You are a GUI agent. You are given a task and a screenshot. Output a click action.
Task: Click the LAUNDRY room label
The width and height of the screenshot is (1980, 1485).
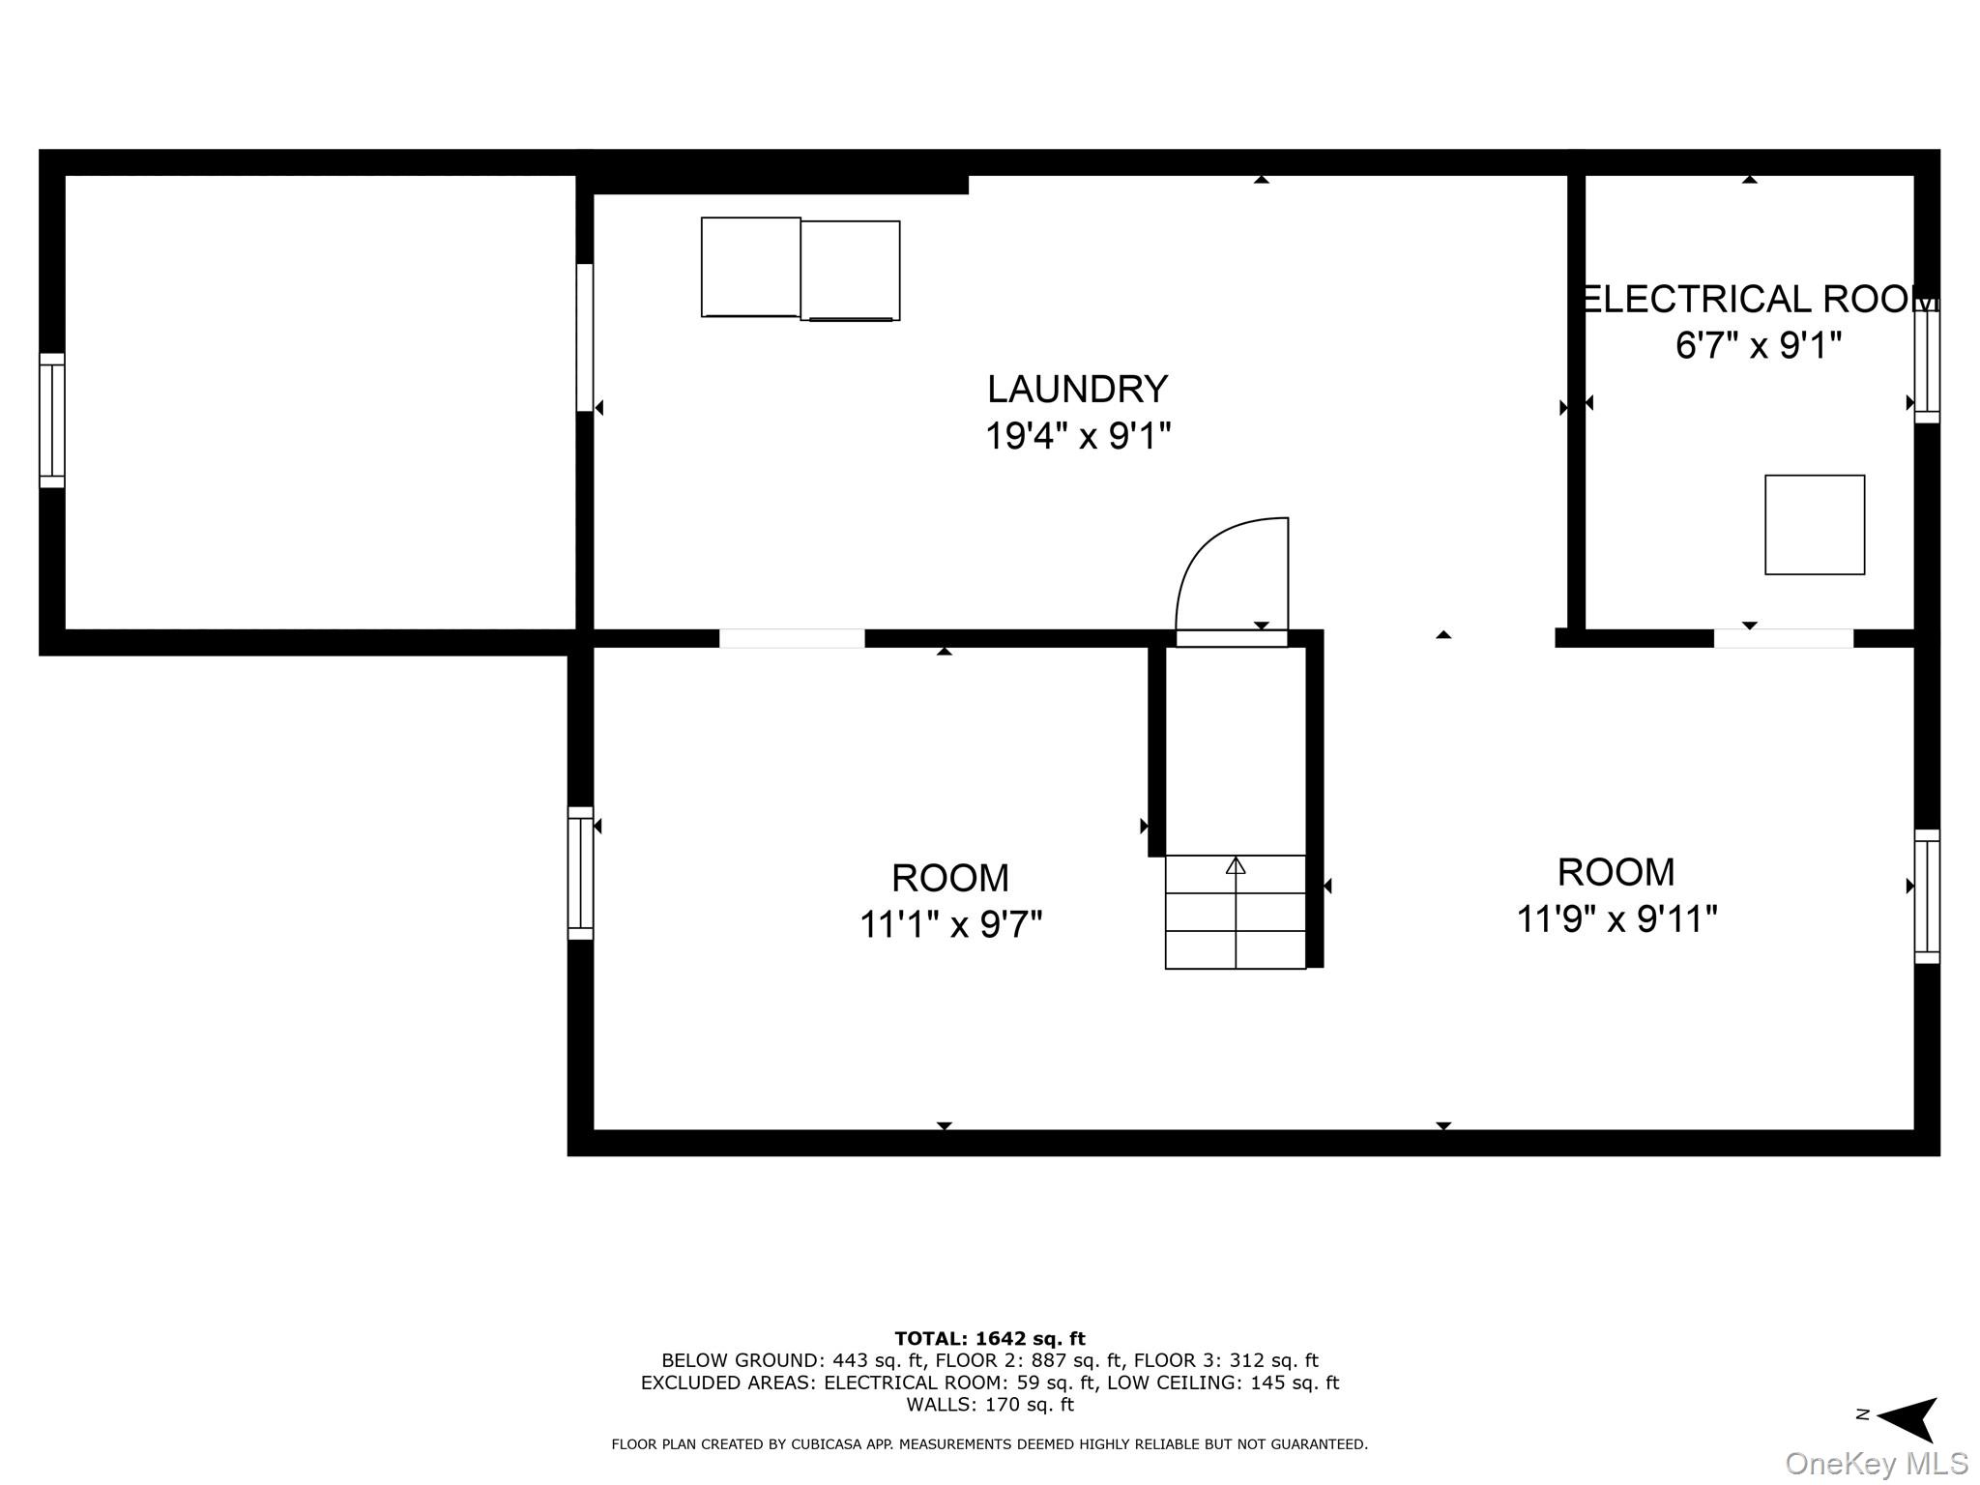pos(1077,389)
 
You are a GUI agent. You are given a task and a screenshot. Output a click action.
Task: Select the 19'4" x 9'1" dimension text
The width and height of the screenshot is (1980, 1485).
pos(1077,436)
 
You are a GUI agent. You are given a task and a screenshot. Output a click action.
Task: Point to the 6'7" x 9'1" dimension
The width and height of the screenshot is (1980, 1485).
pos(1758,345)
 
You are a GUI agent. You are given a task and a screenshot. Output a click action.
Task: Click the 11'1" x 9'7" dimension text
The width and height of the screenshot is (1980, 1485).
pos(950,925)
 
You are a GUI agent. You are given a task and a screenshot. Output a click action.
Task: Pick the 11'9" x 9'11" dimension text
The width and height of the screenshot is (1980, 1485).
pos(1616,918)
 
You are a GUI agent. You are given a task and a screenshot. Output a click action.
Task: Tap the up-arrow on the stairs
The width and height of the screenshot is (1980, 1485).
pos(1235,865)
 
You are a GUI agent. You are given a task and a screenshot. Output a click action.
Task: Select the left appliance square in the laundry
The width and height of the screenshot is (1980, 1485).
pos(750,267)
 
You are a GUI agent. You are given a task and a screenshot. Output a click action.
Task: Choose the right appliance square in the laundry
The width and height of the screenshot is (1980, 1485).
pos(850,271)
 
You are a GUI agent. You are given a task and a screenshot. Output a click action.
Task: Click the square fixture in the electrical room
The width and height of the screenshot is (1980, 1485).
pos(1814,525)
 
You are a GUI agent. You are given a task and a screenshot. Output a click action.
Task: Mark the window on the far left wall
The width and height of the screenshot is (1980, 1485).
pos(52,421)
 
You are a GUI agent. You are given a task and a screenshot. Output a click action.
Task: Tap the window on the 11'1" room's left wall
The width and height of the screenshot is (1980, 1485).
pos(580,873)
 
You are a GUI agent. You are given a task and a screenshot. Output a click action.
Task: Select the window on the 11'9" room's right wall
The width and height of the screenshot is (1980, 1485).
pos(1927,896)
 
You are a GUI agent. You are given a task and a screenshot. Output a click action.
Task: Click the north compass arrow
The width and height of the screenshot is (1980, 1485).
pos(1905,1419)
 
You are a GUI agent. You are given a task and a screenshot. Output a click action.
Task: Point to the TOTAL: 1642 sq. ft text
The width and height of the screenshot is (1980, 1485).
pos(989,1339)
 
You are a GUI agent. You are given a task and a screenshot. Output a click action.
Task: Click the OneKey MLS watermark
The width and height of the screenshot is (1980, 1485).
pos(1876,1464)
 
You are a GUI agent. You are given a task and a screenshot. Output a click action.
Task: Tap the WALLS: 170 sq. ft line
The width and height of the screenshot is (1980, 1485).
pos(989,1405)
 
